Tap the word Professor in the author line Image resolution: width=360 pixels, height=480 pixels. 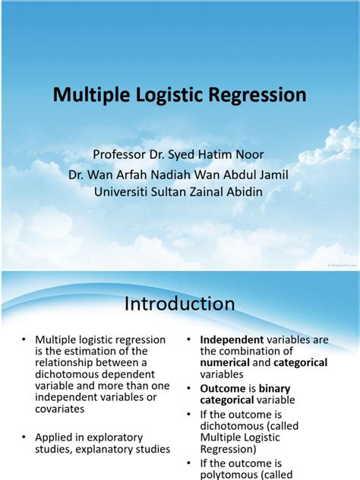pos(122,155)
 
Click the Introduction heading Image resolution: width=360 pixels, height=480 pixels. pos(180,304)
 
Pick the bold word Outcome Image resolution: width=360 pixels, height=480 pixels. pos(224,388)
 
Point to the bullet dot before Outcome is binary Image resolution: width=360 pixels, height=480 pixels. pos(189,388)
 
